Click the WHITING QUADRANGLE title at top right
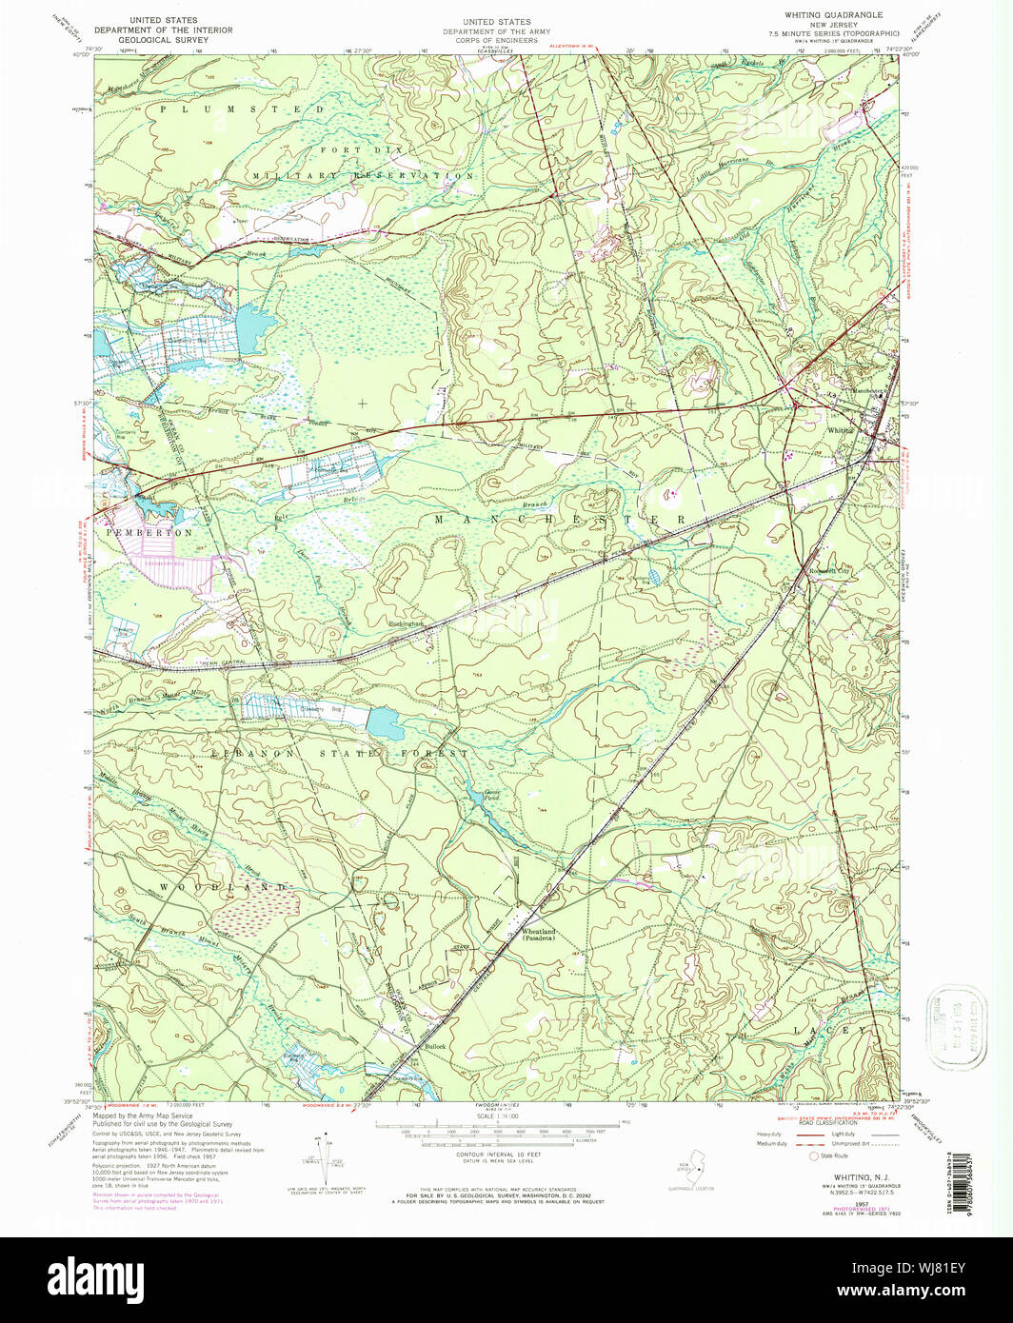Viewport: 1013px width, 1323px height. coord(833,16)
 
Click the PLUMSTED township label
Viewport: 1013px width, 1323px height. coord(242,110)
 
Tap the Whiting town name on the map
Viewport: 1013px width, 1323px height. coord(839,429)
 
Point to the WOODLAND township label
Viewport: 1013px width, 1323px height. coord(223,887)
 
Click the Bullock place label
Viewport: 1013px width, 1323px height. coord(434,1047)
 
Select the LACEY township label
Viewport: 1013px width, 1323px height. coord(832,1031)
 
